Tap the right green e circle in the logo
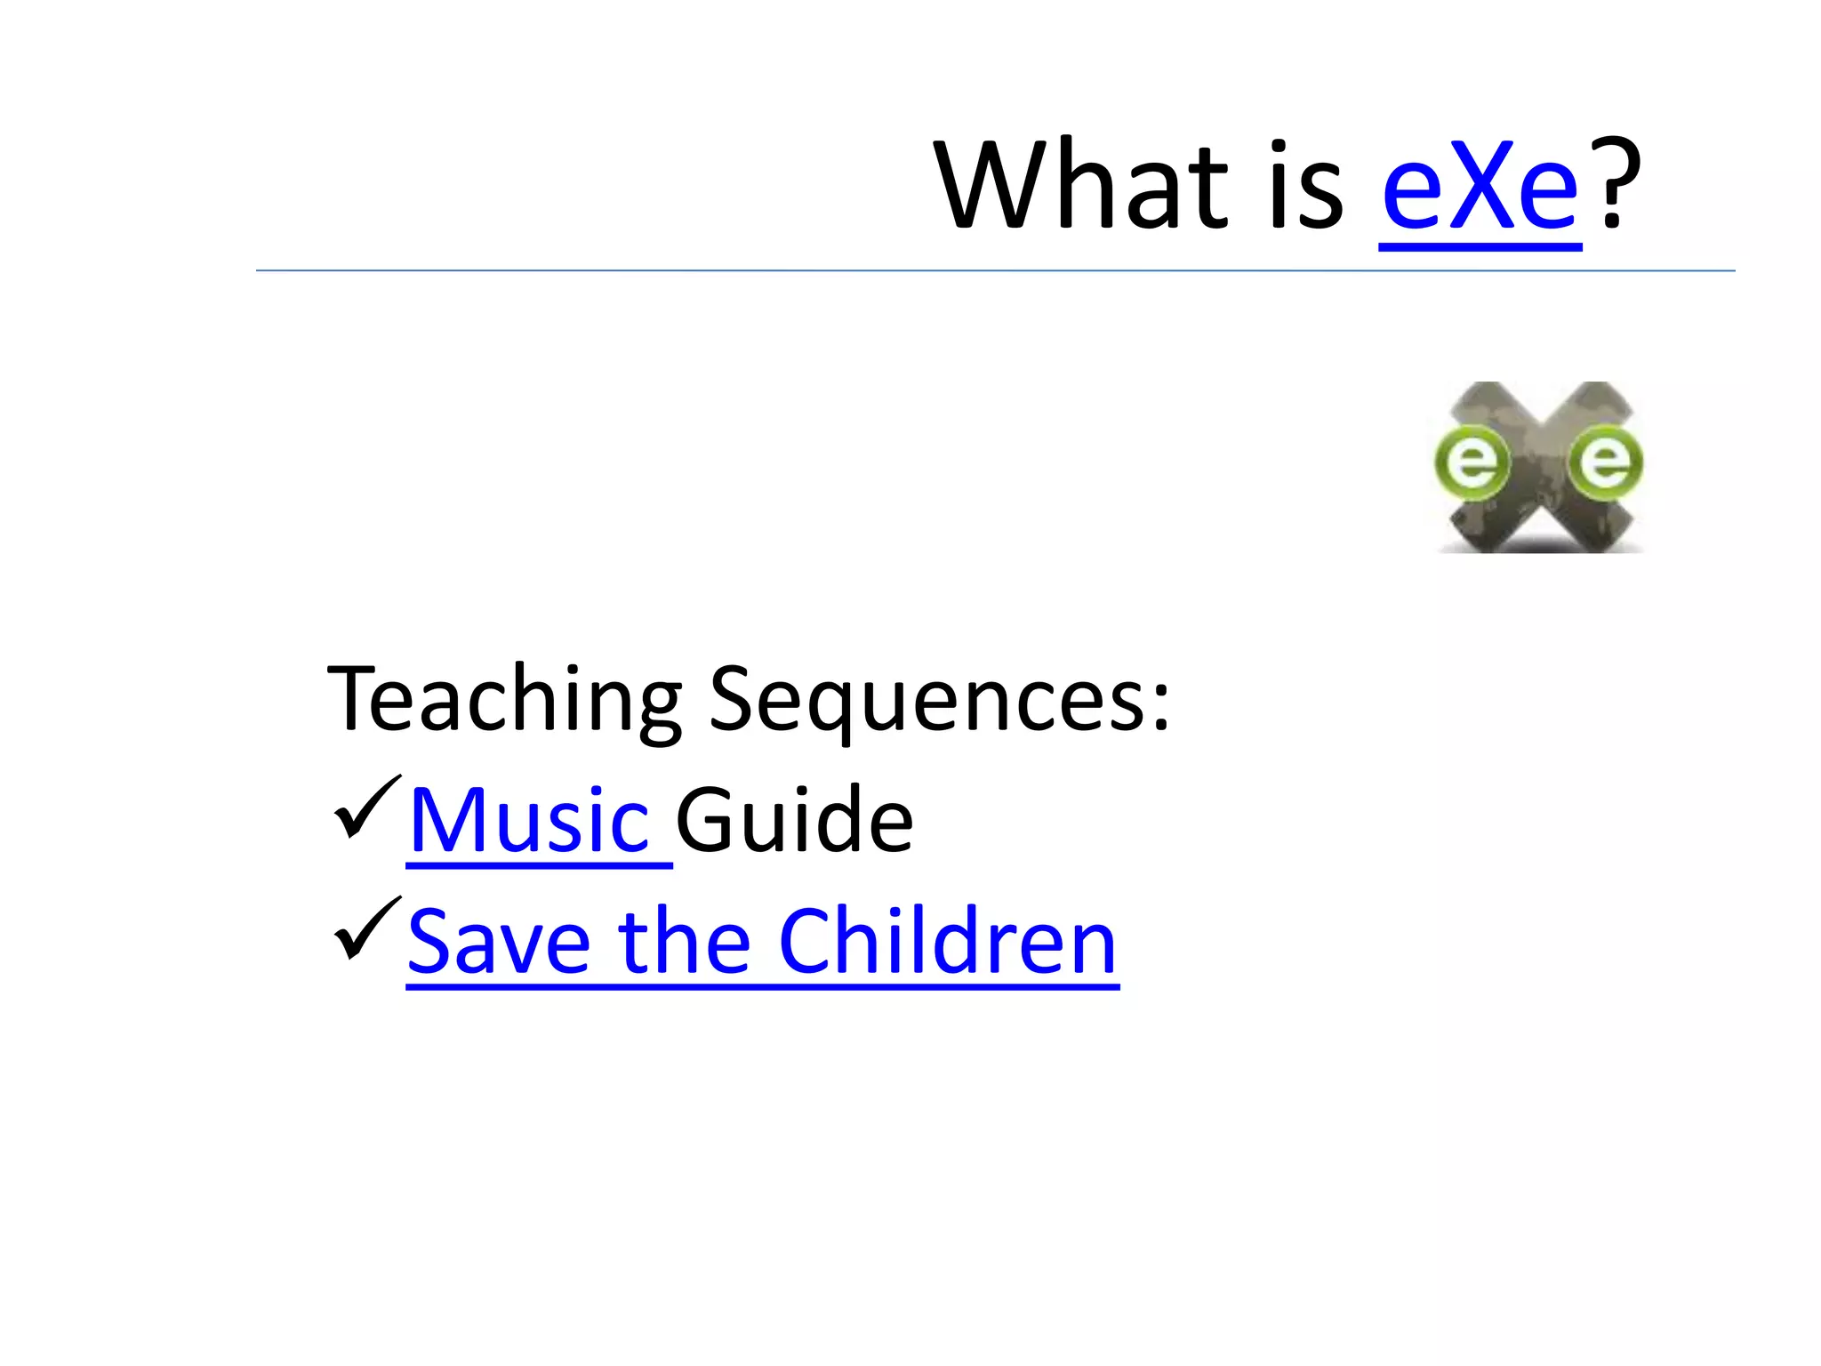coord(1605,462)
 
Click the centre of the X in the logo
coord(1538,468)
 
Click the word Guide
coord(794,820)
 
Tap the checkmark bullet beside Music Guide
coord(366,808)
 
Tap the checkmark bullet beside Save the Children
coord(366,928)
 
